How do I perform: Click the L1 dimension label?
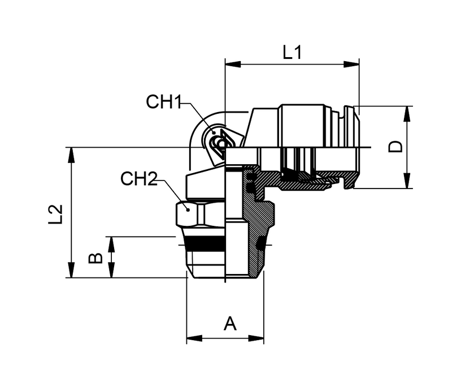tap(292, 53)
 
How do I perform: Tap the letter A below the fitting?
tap(229, 324)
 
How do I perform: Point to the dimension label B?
tap(96, 258)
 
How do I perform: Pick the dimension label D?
tap(397, 147)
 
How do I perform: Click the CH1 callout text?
tap(164, 102)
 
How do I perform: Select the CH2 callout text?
tap(138, 179)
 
